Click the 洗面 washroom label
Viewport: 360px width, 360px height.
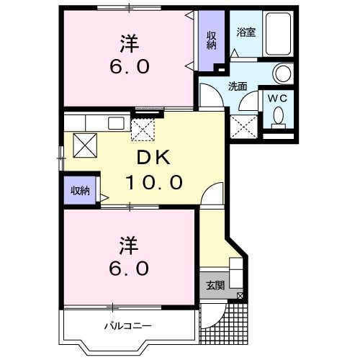[238, 86]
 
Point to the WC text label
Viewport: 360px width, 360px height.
[278, 99]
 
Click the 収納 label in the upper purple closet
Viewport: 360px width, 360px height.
[212, 41]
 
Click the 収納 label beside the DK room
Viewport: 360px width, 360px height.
[79, 191]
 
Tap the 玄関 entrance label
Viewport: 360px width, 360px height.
[215, 285]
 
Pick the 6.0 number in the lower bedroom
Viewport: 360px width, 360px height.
[130, 268]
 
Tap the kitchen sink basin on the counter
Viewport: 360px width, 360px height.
[116, 123]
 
